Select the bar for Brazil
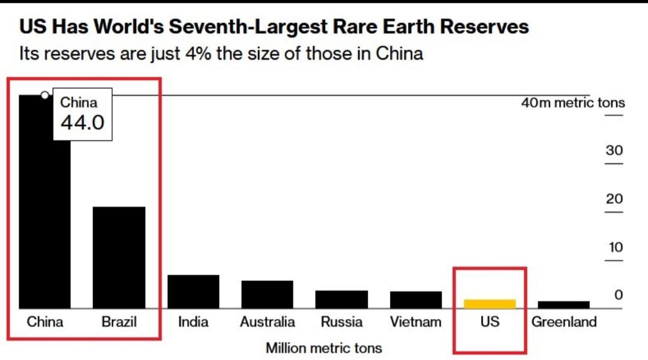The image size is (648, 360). click(x=119, y=257)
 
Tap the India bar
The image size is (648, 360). click(x=193, y=292)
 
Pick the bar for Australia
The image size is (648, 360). click(x=267, y=294)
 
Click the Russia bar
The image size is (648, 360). click(x=341, y=299)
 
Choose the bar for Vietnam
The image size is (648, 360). click(x=416, y=300)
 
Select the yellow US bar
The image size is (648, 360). click(x=490, y=304)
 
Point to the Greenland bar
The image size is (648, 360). click(x=563, y=305)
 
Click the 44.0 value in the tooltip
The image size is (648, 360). click(x=82, y=122)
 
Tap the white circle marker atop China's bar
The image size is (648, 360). click(x=44, y=95)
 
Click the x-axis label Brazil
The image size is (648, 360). click(x=119, y=322)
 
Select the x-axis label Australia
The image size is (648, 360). click(x=267, y=322)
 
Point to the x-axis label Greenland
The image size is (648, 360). click(x=564, y=322)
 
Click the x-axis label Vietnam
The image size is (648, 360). click(x=416, y=322)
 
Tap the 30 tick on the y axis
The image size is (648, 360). click(x=614, y=151)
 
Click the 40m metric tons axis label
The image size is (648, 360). click(x=572, y=103)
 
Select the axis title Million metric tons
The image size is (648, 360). click(x=323, y=347)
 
